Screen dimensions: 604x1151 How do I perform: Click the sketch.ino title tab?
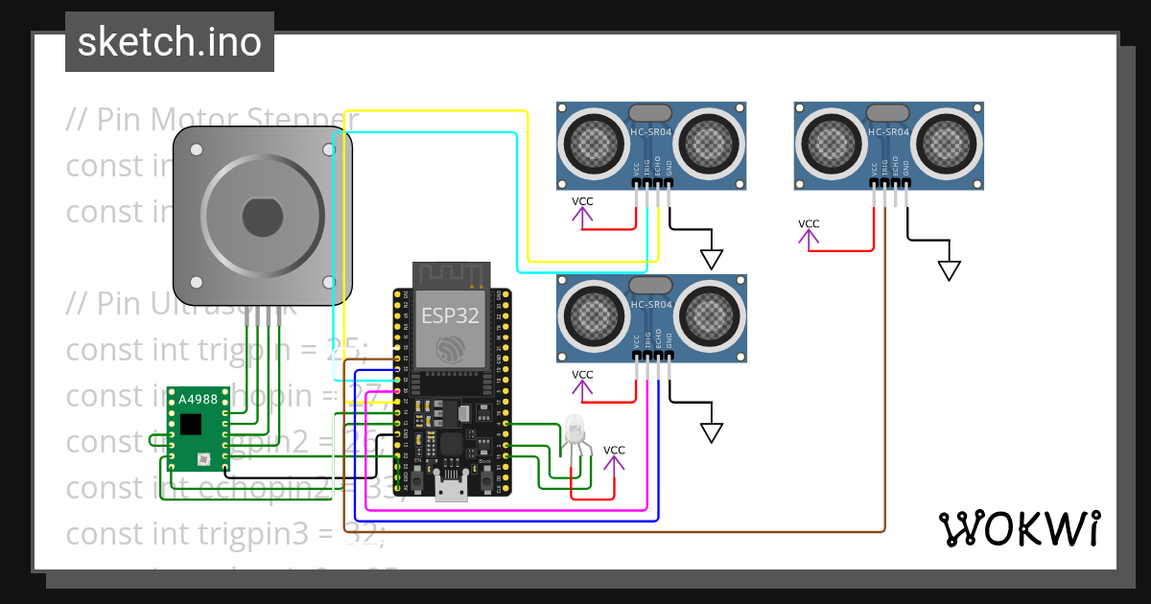point(170,42)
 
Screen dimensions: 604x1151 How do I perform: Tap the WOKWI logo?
point(1018,528)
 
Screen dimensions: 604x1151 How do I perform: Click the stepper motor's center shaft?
point(262,217)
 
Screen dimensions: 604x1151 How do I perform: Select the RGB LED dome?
point(575,428)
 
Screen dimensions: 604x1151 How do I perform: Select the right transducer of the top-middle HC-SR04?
point(711,144)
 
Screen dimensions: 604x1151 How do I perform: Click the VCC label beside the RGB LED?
point(614,450)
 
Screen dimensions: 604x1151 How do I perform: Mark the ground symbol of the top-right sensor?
point(949,270)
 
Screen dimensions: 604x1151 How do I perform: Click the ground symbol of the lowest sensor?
point(711,432)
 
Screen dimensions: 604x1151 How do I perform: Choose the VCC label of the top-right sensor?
point(809,223)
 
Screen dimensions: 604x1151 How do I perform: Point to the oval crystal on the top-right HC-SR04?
point(888,112)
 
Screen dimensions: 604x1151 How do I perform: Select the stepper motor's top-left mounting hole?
point(196,151)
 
